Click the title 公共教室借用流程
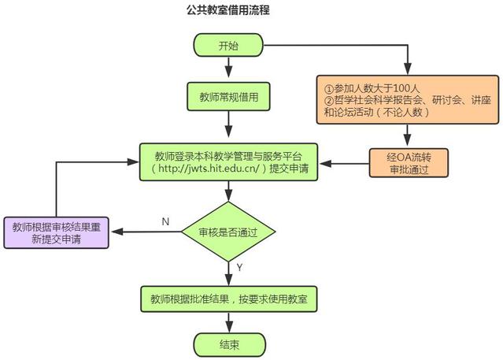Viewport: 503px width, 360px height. [228, 11]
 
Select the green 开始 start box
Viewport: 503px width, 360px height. [227, 46]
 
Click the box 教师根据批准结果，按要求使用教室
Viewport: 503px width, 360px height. [228, 299]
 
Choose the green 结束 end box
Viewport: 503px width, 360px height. [228, 344]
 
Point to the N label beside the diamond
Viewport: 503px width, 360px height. [165, 221]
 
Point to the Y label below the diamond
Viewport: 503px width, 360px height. [239, 268]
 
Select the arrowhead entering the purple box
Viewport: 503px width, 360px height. [114, 232]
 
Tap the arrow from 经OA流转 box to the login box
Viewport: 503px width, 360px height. [346, 163]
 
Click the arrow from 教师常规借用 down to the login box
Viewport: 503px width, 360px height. [227, 124]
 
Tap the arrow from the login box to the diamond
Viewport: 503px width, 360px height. [227, 191]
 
